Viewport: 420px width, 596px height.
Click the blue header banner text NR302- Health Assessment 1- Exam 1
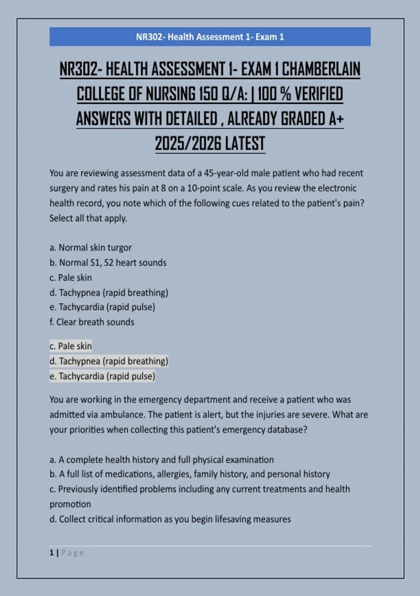210,37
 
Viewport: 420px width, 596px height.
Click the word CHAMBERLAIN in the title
321,69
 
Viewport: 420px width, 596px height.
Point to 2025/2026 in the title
188,144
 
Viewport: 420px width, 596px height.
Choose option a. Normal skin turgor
90,248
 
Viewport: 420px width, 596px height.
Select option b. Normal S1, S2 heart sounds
108,263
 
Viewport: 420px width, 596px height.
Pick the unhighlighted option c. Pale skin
71,278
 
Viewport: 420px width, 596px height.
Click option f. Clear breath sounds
92,322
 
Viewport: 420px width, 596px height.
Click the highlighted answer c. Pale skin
71,346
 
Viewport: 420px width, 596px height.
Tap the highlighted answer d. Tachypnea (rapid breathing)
109,361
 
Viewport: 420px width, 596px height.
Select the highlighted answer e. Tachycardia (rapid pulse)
102,376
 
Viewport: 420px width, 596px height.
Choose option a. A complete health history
161,460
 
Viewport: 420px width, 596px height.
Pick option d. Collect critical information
170,519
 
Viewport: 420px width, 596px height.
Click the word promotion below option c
70,504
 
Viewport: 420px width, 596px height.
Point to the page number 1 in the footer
51,553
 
